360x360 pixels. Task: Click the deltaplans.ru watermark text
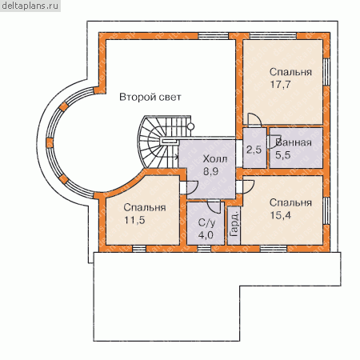[30, 6]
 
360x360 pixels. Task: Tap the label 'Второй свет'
[150, 97]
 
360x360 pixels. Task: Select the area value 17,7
[280, 85]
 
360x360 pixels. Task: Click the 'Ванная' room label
[294, 142]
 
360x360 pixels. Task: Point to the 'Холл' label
[215, 159]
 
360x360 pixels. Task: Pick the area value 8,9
[211, 171]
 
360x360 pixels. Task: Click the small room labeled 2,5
[254, 150]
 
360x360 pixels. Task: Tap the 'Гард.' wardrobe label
[234, 224]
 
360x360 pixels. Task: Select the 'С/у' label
[206, 223]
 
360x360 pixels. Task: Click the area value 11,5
[134, 220]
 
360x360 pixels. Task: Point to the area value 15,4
[281, 215]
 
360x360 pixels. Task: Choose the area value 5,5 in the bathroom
[283, 155]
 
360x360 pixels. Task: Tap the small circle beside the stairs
[190, 126]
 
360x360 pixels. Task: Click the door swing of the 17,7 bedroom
[254, 119]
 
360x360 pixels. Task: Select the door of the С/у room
[214, 206]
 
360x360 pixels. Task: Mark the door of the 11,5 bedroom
[191, 187]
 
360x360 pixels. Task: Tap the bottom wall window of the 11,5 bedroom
[139, 249]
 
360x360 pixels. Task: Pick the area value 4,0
[206, 235]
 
